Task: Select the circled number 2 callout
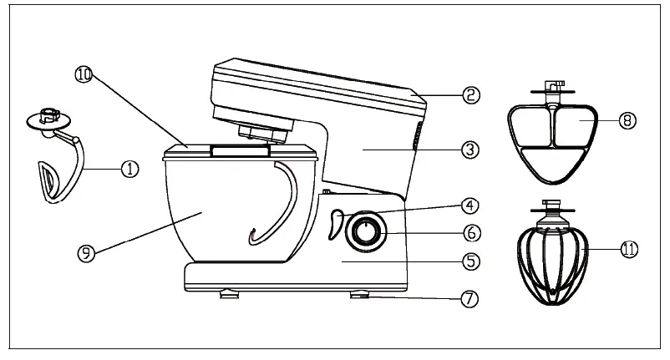[x=472, y=94]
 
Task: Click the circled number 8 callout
[x=628, y=120]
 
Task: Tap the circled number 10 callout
[x=82, y=74]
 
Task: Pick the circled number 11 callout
[x=628, y=247]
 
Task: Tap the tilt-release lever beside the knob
[x=336, y=224]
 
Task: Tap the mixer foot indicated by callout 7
[x=360, y=293]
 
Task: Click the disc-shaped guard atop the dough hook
[x=48, y=118]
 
